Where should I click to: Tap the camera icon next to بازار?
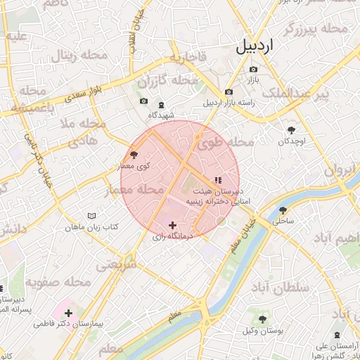point(253,70)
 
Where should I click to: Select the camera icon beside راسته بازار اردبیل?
point(229,92)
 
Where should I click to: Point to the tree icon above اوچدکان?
point(292,130)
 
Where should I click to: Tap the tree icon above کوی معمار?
point(134,154)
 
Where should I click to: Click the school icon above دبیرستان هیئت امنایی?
point(227,180)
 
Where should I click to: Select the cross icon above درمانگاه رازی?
point(172,225)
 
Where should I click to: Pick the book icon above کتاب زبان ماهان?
point(91,215)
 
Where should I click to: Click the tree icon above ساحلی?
point(283,210)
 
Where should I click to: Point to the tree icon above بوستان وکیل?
point(262,319)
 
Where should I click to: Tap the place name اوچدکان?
point(291,142)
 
